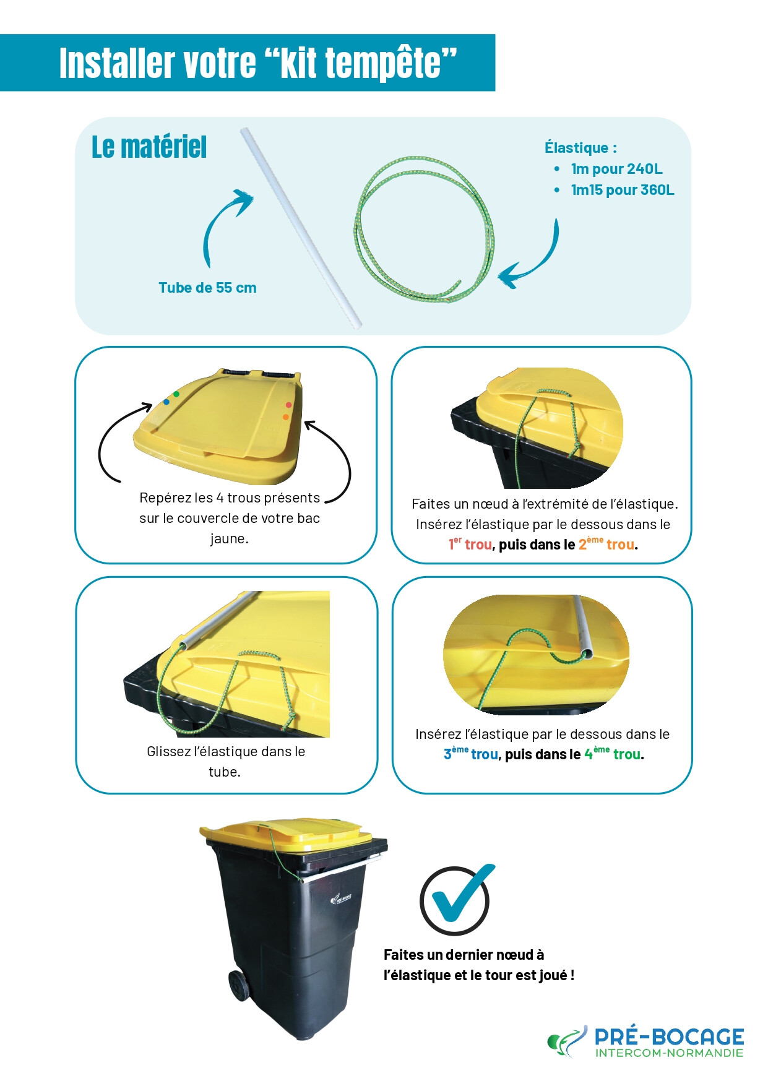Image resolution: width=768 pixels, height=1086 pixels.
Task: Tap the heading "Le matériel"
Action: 149,147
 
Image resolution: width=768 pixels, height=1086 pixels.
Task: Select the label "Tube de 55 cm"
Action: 207,288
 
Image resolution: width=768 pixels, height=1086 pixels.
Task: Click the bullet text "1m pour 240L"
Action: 616,169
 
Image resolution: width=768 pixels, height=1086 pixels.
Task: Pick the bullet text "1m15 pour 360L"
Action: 623,190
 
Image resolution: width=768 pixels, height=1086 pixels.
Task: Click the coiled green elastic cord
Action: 425,229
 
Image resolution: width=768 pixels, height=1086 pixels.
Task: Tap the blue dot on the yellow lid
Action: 166,402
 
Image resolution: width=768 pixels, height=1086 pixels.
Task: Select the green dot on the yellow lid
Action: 176,394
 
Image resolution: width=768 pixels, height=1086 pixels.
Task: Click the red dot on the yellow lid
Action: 288,405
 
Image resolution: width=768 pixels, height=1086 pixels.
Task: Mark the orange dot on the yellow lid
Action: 286,417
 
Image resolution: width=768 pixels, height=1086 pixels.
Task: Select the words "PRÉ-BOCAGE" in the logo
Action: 669,1036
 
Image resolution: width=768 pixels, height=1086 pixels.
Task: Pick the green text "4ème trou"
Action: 613,754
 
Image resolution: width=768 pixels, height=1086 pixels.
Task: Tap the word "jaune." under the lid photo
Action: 229,539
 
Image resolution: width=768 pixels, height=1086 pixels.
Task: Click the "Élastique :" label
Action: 580,148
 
